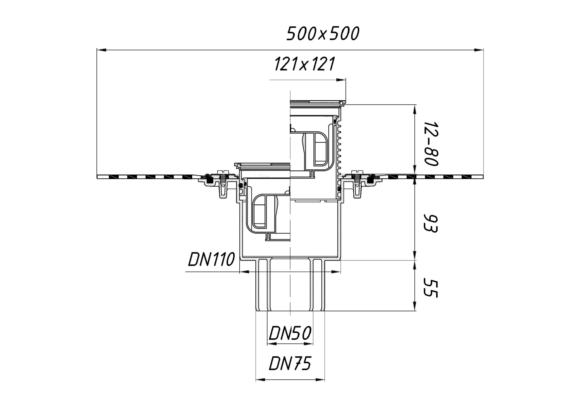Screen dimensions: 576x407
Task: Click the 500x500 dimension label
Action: click(x=323, y=34)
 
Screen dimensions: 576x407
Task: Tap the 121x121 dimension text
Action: click(x=305, y=64)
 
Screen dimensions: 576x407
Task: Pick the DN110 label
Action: click(x=211, y=259)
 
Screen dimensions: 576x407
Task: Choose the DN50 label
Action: click(x=290, y=333)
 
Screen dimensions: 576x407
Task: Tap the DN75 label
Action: click(x=290, y=363)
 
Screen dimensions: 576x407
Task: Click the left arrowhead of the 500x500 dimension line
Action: click(x=102, y=50)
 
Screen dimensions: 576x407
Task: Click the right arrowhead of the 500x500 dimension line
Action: click(x=479, y=50)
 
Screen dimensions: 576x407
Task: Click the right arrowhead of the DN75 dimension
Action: click(x=320, y=380)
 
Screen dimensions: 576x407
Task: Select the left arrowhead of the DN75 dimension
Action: click(x=260, y=380)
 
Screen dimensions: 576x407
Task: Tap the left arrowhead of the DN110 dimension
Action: click(x=245, y=272)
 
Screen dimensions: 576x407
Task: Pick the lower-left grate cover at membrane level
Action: click(x=262, y=165)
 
